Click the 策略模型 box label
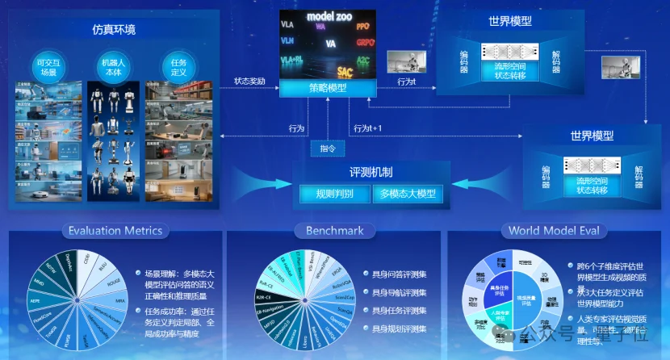(x=327, y=87)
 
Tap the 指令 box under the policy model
(x=327, y=149)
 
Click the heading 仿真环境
(x=113, y=30)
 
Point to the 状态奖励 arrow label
(x=249, y=81)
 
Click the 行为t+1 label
(x=367, y=128)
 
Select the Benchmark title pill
(x=334, y=231)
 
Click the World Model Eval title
(x=554, y=231)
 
